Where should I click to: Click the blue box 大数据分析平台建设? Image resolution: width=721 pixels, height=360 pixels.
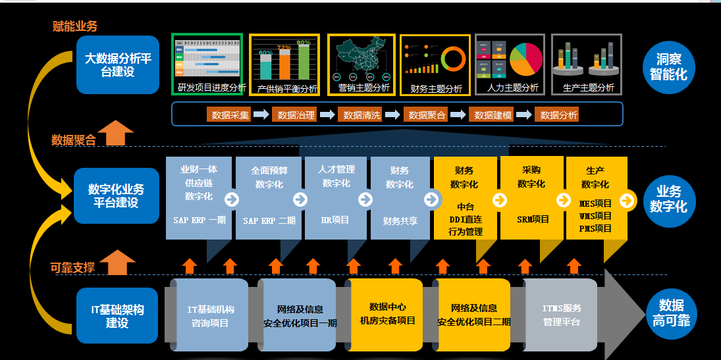(x=118, y=64)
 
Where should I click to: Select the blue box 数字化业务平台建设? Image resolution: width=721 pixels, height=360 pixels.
(x=117, y=195)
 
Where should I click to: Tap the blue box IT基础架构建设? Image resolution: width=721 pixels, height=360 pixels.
(x=117, y=316)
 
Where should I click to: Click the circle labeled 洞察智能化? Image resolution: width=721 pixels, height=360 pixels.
(x=668, y=66)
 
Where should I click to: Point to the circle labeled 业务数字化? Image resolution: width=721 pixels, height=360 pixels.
(x=668, y=198)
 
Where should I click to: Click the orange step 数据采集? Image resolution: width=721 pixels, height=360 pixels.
(x=228, y=115)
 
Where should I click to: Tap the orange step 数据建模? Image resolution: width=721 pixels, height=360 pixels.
(x=491, y=115)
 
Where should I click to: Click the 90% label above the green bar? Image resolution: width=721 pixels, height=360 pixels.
(x=303, y=43)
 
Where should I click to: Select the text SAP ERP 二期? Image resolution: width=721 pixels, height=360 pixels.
(x=269, y=220)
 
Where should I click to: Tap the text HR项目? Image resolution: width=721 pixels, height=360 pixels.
(x=334, y=220)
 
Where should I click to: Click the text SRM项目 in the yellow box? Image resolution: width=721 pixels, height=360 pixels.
(x=533, y=219)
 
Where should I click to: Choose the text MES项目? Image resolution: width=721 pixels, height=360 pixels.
(x=595, y=203)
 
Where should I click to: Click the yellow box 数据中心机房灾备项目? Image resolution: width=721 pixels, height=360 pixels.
(x=387, y=314)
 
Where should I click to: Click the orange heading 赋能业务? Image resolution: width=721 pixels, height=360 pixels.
(x=74, y=26)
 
